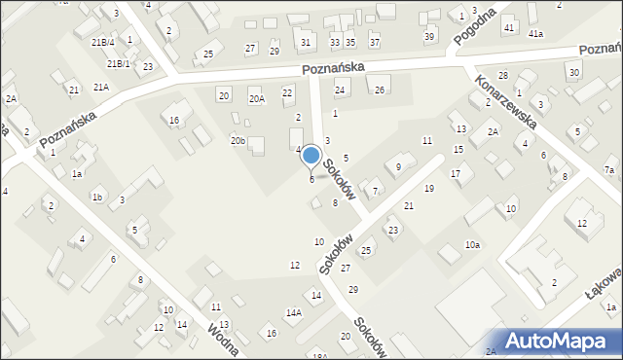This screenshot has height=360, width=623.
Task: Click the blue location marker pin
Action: point(311,156)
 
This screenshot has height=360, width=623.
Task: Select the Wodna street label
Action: point(223,342)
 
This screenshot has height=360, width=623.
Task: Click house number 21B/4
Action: point(103,43)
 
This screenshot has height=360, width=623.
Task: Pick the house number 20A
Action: point(256,98)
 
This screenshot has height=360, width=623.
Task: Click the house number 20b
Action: point(238,141)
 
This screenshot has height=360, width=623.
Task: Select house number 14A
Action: point(293,312)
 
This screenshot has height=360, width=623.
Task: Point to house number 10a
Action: point(472,245)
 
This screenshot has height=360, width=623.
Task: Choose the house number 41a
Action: point(535,34)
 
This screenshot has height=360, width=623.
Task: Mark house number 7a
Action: point(608,170)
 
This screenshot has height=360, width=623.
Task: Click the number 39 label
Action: point(429,36)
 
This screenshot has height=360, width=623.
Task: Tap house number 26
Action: point(380,90)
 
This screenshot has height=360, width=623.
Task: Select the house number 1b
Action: point(96,198)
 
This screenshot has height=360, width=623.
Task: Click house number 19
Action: point(428,188)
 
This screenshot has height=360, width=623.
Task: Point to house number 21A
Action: point(101,88)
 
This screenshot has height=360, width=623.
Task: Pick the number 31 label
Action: point(307,42)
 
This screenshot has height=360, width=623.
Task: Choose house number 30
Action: point(574,73)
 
